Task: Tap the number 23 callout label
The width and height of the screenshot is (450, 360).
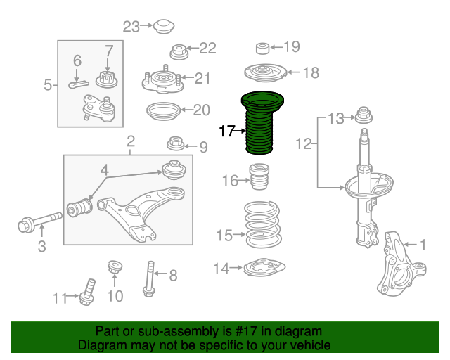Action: click(x=131, y=27)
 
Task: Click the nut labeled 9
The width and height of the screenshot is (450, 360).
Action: click(x=175, y=144)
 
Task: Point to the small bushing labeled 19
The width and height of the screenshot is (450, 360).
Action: click(x=262, y=49)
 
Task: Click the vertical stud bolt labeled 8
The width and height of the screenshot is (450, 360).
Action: click(x=149, y=276)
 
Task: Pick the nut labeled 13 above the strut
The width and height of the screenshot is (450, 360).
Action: click(x=364, y=115)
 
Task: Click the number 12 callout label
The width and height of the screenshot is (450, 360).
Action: click(x=303, y=145)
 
